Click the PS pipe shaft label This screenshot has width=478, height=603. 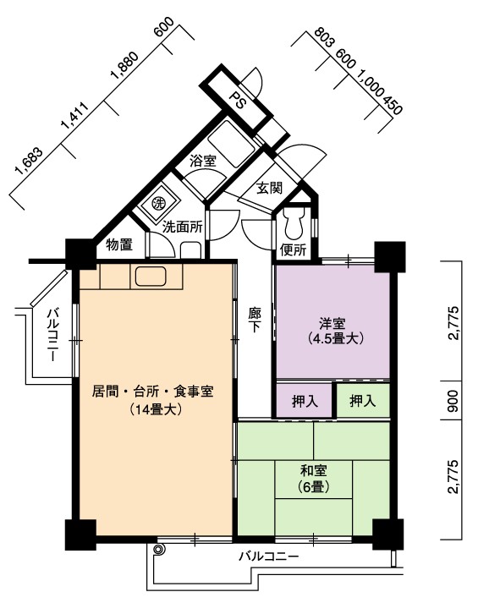238,100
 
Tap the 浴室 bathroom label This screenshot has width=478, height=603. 203,161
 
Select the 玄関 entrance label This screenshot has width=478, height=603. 270,188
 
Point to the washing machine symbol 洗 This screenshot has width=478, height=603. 157,203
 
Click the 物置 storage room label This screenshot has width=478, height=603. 119,244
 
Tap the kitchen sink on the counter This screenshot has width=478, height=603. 151,277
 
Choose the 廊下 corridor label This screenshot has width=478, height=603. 255,320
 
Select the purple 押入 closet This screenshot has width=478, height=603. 305,402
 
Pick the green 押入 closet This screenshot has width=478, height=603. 363,401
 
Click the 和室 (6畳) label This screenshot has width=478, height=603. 314,480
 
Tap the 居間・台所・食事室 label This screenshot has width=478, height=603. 153,392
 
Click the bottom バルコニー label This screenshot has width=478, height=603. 269,556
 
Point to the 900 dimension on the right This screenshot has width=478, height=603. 453,401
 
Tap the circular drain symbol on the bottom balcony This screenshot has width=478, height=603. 158,550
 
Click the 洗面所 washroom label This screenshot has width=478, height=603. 182,227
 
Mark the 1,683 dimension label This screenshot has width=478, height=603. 28,162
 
